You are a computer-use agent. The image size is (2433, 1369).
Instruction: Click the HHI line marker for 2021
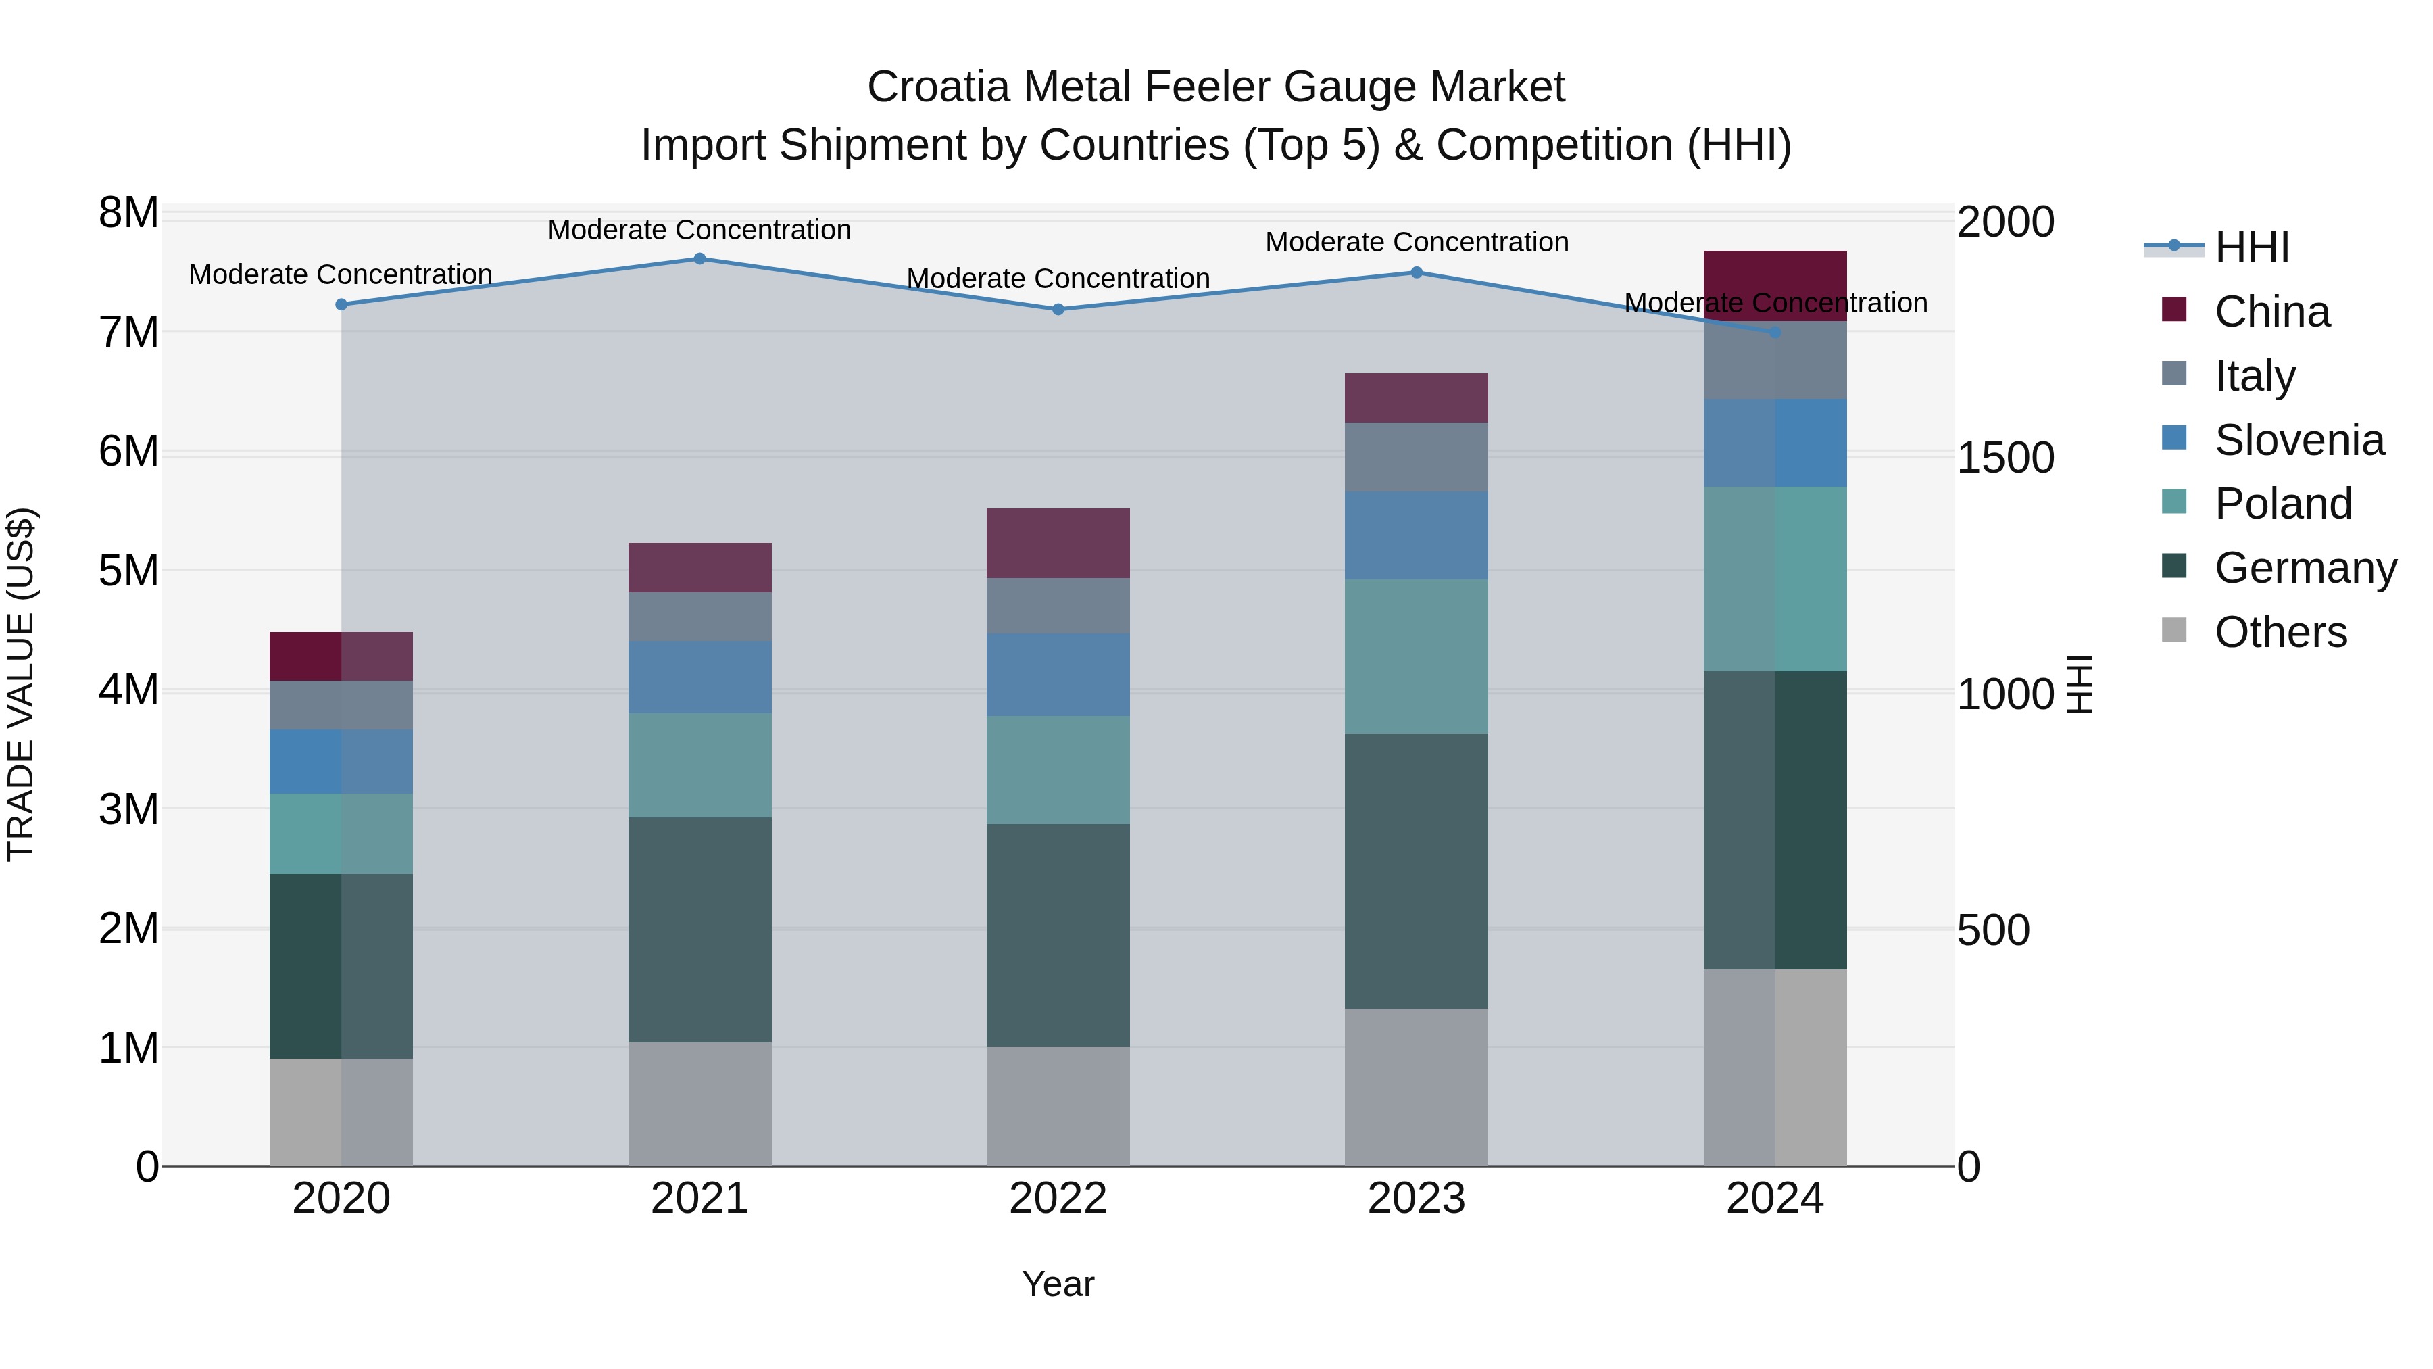tap(700, 259)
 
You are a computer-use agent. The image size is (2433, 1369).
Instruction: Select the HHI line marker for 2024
tap(1775, 333)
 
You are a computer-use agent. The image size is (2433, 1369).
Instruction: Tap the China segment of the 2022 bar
tap(1058, 544)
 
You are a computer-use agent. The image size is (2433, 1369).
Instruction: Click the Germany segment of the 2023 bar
tap(1416, 871)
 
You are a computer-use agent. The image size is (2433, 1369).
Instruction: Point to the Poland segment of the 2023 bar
tap(1416, 656)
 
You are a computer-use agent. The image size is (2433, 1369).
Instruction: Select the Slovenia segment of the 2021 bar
tap(700, 677)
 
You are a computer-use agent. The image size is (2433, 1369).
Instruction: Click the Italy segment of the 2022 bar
tap(1058, 606)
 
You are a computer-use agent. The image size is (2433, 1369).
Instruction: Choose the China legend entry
tap(2271, 312)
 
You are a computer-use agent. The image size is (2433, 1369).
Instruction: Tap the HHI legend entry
tap(2252, 247)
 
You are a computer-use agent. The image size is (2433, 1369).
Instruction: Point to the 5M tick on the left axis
tap(128, 571)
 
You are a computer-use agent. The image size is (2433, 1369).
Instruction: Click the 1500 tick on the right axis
tap(2005, 458)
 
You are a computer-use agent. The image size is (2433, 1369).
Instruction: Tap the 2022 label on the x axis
tap(1058, 1199)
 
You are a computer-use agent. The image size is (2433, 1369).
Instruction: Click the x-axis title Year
tap(1058, 1284)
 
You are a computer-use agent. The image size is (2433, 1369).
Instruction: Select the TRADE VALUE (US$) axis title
tap(21, 684)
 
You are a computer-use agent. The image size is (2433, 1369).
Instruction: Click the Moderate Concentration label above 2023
tap(1417, 242)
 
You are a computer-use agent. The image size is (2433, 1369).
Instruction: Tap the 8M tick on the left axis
tap(128, 214)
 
